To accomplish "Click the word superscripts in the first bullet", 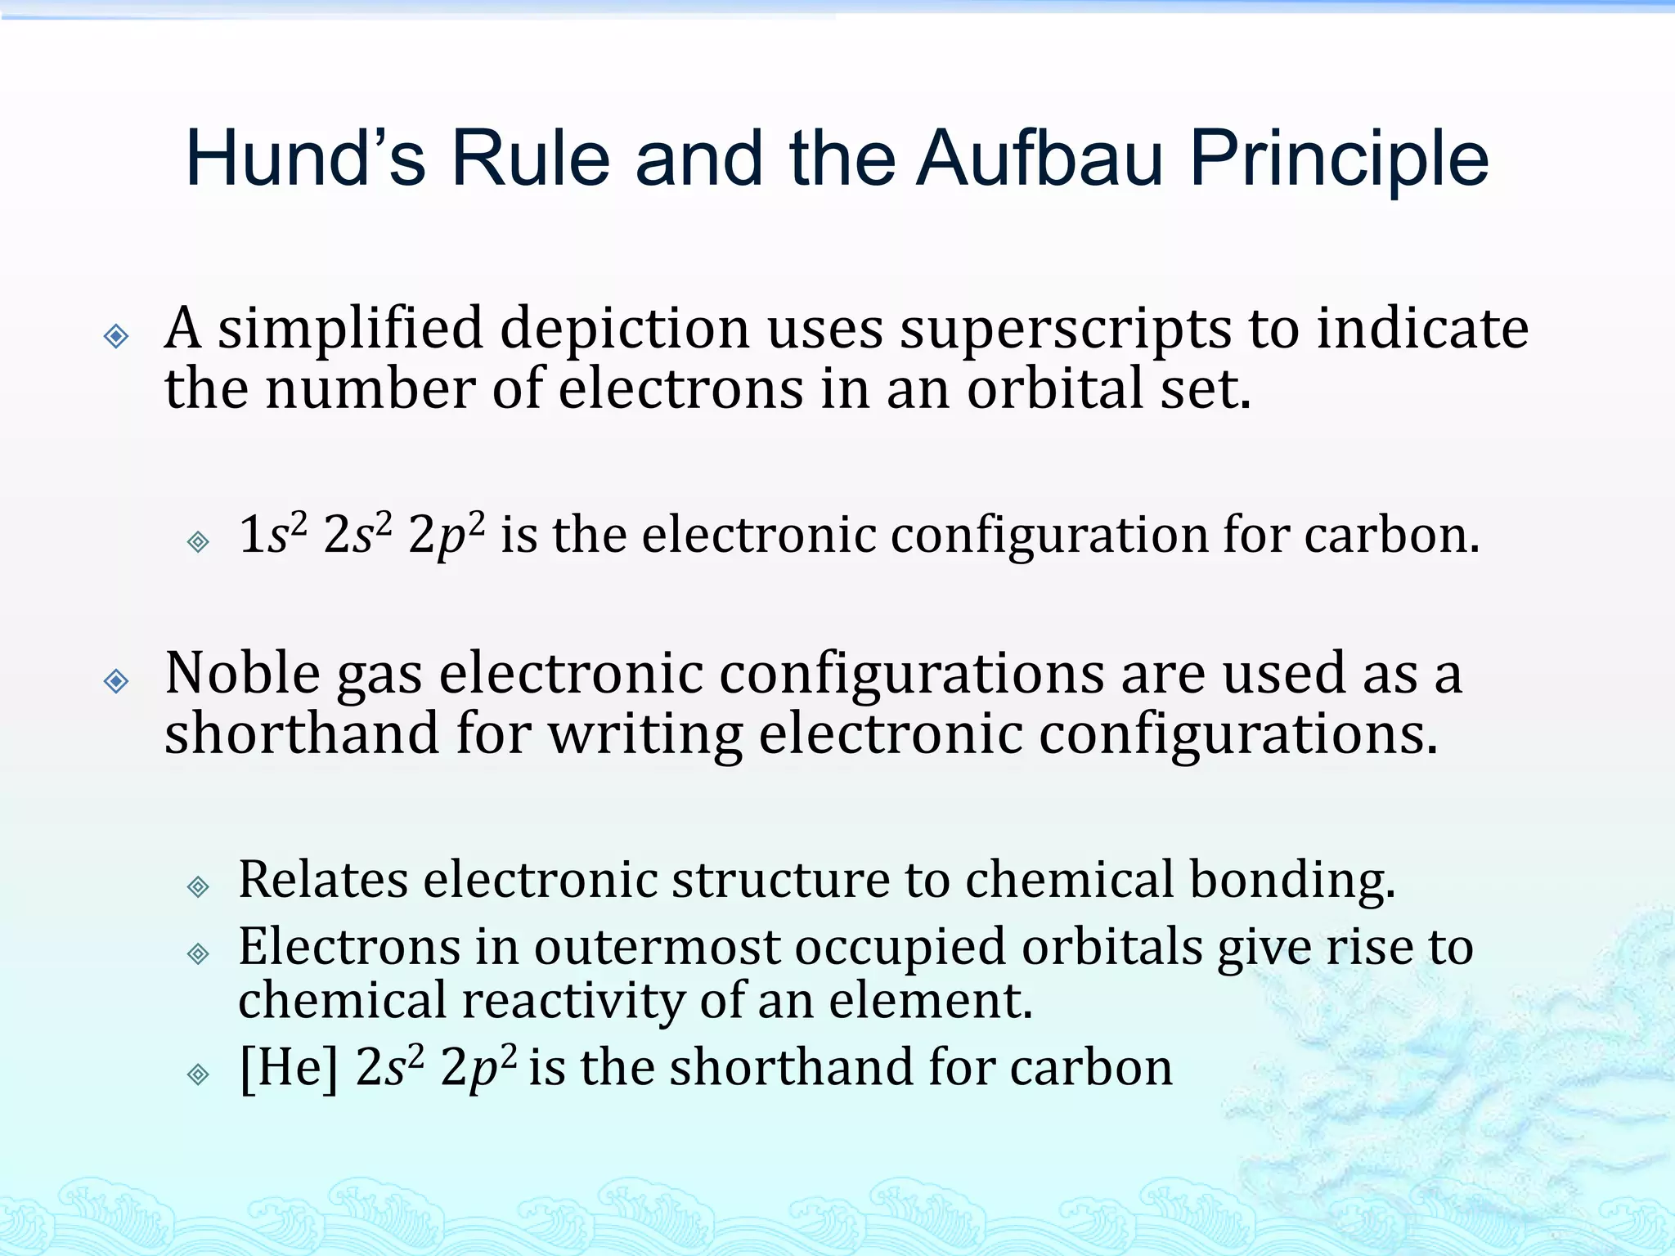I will (x=1066, y=330).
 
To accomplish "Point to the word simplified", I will (x=350, y=330).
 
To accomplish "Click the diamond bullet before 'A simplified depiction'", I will (x=116, y=335).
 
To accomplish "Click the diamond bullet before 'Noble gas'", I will (x=116, y=680).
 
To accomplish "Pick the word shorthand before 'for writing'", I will (x=302, y=733).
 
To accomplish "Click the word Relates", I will (x=323, y=880).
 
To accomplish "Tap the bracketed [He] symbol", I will (x=288, y=1068).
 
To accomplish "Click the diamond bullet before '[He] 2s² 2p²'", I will (x=198, y=1074).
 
